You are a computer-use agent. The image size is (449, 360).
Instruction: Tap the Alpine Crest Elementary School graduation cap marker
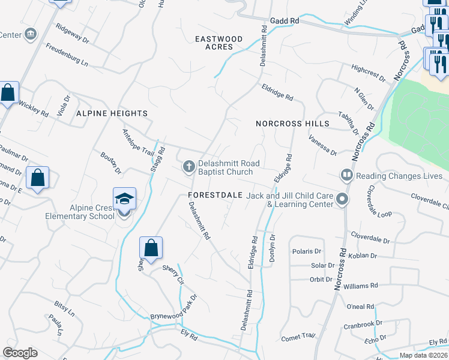[124, 199]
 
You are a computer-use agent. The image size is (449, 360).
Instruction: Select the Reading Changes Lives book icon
[346, 176]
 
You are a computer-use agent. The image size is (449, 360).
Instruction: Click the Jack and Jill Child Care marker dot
[342, 199]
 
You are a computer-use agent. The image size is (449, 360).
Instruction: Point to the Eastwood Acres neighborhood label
[219, 43]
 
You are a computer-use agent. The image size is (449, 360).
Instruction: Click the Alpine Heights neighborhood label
[112, 113]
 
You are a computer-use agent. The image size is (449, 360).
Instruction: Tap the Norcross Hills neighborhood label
[292, 123]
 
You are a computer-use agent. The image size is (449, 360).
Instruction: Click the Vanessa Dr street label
[322, 145]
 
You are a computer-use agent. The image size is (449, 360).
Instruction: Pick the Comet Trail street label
[298, 337]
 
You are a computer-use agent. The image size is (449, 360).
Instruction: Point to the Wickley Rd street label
[33, 108]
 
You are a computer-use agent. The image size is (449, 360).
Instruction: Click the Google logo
[20, 353]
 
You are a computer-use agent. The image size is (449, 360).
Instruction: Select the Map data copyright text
[423, 355]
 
